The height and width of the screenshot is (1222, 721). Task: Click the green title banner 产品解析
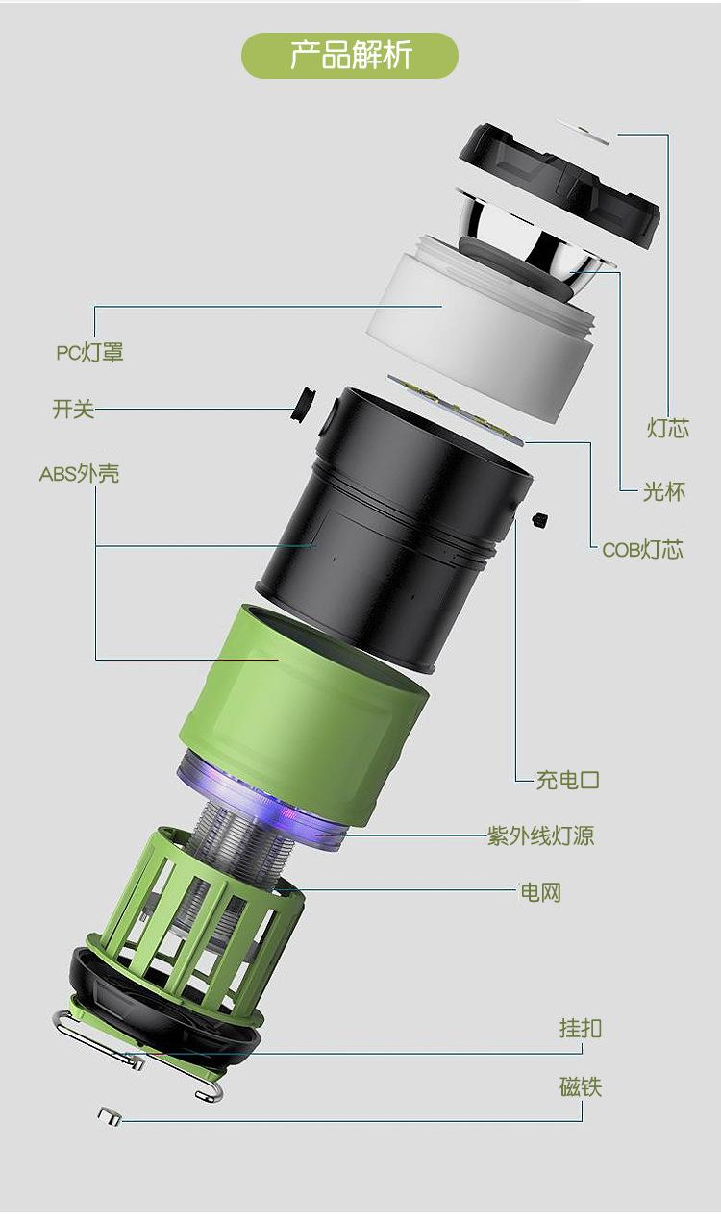click(350, 56)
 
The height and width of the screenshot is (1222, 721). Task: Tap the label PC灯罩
click(90, 353)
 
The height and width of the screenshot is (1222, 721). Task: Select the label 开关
click(73, 409)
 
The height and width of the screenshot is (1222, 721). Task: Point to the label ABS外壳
click(79, 474)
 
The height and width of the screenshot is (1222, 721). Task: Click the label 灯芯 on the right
click(668, 428)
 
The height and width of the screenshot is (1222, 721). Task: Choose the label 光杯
click(663, 491)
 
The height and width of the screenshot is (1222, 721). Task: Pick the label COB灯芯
click(642, 549)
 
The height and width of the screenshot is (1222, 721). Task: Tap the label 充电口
click(568, 780)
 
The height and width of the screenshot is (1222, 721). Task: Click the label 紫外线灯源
click(540, 835)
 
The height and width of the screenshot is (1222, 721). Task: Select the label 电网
click(540, 892)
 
